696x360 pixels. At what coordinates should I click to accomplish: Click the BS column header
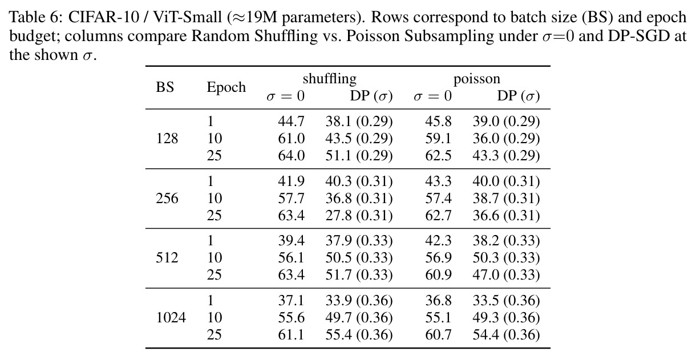165,87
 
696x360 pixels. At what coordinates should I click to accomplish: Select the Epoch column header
226,87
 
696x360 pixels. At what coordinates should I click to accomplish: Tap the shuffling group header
330,79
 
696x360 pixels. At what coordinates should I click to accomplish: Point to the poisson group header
477,79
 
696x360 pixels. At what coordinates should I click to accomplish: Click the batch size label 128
167,138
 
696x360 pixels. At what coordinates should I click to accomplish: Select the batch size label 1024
171,317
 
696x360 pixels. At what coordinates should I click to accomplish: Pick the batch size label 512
167,258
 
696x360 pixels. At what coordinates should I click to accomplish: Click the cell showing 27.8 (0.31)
359,216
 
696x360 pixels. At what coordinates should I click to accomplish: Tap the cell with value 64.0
291,156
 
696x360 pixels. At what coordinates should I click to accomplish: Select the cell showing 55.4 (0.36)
359,335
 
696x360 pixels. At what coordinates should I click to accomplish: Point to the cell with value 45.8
438,121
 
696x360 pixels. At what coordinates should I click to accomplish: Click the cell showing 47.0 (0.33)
506,275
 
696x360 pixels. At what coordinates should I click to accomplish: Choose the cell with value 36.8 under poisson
438,300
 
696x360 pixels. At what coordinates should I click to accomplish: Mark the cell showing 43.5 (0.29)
359,138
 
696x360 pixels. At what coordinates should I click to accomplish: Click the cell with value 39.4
291,241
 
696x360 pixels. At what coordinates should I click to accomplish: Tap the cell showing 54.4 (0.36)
506,335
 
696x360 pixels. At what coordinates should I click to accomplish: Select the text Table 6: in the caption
36,17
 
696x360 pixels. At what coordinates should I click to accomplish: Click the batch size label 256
167,198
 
